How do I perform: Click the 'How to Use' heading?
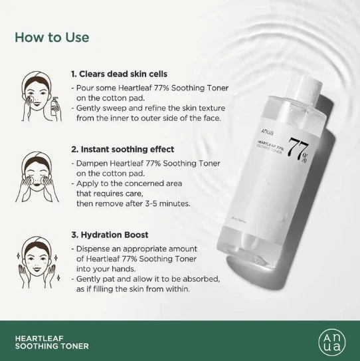52,37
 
